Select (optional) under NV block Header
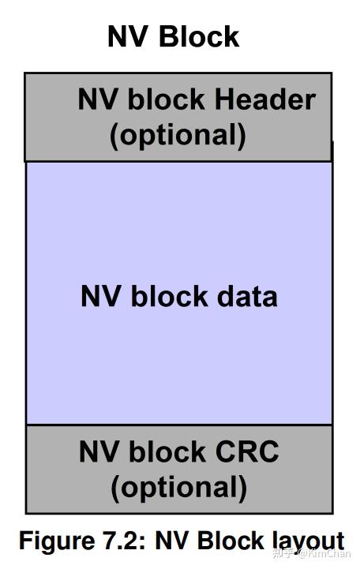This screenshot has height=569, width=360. tap(178, 134)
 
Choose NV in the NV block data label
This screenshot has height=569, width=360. tap(98, 296)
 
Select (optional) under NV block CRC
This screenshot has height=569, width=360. tap(178, 486)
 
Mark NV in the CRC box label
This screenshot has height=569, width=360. tap(96, 452)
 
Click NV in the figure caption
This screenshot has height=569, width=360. tap(173, 541)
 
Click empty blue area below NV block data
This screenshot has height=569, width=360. tap(178, 371)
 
